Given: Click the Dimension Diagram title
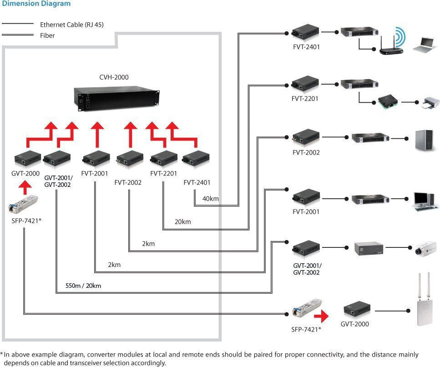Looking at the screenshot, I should [36, 4].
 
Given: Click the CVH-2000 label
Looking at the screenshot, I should [114, 77].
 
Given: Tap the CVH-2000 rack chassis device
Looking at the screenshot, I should [117, 97].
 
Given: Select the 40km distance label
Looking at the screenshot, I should [210, 199].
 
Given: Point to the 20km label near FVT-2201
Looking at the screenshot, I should [182, 222].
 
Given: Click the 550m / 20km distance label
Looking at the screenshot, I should [83, 286].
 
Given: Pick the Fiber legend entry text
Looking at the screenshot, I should [47, 35].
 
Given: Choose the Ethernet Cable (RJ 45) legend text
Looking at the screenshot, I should [71, 25].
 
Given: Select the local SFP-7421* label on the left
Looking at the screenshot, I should [24, 221].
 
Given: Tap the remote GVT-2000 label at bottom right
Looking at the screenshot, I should [354, 324].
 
